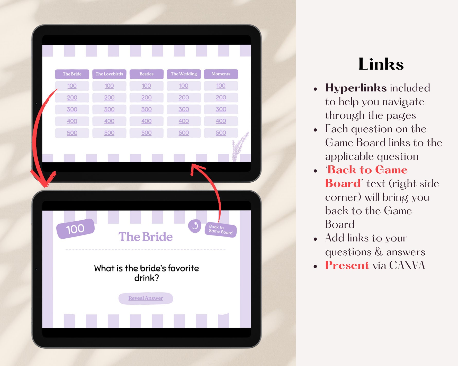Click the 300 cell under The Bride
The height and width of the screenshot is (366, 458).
pyautogui.click(x=72, y=109)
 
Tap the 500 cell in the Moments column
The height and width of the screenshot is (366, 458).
pyautogui.click(x=221, y=133)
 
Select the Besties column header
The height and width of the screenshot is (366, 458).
pyautogui.click(x=146, y=74)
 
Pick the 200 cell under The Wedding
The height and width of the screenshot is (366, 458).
pyautogui.click(x=184, y=98)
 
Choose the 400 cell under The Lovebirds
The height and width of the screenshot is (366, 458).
pyautogui.click(x=109, y=121)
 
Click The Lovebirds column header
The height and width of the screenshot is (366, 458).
pyautogui.click(x=109, y=74)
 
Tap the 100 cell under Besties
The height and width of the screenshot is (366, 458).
pyautogui.click(x=146, y=86)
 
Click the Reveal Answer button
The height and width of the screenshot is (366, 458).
pyautogui.click(x=146, y=298)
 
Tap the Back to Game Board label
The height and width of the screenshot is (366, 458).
pyautogui.click(x=221, y=229)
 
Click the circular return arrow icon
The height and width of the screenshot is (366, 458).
pyautogui.click(x=195, y=226)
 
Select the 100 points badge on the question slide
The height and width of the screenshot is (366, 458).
pyautogui.click(x=75, y=229)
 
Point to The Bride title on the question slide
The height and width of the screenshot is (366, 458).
pyautogui.click(x=146, y=237)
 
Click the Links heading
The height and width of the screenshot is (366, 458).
pyautogui.click(x=381, y=64)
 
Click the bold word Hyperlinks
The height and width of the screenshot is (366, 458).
pyautogui.click(x=356, y=88)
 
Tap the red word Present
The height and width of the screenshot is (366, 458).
pyautogui.click(x=347, y=265)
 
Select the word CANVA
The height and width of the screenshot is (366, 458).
pyautogui.click(x=407, y=265)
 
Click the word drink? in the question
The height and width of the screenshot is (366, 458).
pyautogui.click(x=147, y=278)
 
